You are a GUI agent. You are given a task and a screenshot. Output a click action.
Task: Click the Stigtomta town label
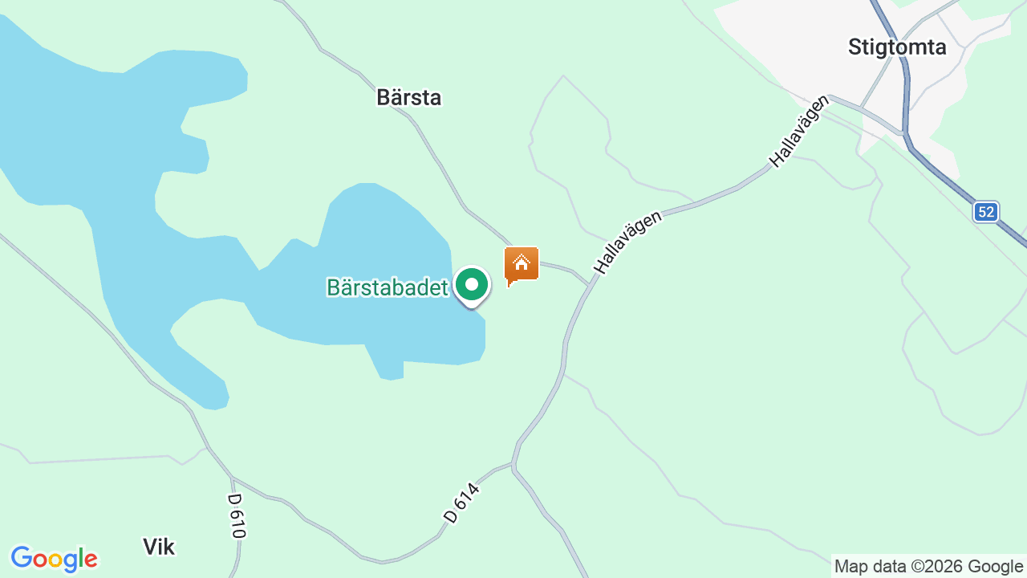pos(897,47)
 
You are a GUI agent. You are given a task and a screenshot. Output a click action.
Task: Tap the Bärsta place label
pos(409,98)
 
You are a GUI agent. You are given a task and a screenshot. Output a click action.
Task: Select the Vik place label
pos(159,547)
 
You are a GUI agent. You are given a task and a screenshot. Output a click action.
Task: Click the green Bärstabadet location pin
pos(472,286)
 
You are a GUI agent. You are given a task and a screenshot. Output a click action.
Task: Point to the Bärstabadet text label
pos(387,287)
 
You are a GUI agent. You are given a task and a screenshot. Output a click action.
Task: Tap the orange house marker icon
pos(522,264)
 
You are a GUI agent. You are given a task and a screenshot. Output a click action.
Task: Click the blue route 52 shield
pos(986,212)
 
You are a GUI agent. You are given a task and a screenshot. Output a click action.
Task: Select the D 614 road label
pos(461,503)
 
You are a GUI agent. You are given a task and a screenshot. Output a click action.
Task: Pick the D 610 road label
pos(237,515)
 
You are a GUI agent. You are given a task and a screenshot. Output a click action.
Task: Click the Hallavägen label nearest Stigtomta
pos(798,132)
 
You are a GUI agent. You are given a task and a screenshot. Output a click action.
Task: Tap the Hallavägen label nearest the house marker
pos(628,242)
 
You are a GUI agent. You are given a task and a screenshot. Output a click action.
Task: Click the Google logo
pos(54,559)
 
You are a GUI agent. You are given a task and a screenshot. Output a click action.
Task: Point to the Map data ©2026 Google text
pos(928,567)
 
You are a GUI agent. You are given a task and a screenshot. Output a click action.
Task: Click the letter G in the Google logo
pos(22,558)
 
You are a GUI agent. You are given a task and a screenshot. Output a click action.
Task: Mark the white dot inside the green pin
pos(472,284)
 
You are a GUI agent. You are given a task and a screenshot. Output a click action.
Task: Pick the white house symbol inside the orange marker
pos(522,262)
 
